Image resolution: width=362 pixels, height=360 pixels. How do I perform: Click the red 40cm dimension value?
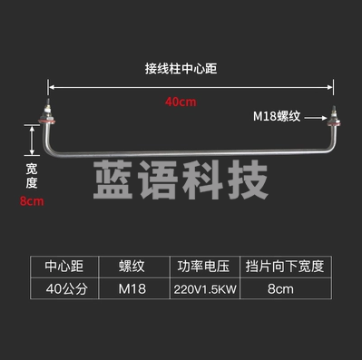pyautogui.click(x=180, y=102)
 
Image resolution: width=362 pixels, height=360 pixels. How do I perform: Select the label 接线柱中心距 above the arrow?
pyautogui.click(x=180, y=68)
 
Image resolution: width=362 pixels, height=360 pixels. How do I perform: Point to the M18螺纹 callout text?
pyautogui.click(x=282, y=116)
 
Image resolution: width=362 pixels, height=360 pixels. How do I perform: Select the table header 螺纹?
pyautogui.click(x=132, y=268)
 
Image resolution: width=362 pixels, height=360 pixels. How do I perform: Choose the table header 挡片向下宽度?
pyautogui.click(x=283, y=268)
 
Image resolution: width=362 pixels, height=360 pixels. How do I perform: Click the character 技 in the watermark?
pyautogui.click(x=247, y=180)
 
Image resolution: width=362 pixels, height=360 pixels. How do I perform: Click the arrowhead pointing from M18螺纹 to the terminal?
pyautogui.click(x=322, y=117)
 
